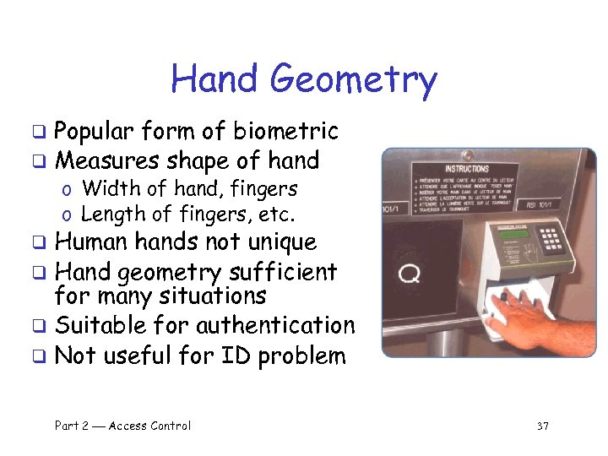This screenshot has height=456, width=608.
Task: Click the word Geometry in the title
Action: point(354,80)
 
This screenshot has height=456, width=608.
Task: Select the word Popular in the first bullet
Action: point(94,132)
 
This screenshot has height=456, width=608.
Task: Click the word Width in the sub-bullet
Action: point(105,188)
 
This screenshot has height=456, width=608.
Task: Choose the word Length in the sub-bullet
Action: point(110,214)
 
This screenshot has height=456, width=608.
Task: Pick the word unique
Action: point(282,242)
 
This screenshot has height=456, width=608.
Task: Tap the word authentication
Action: point(275,325)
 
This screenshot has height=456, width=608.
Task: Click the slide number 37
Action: point(542,426)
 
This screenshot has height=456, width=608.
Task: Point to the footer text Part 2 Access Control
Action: point(122,426)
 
